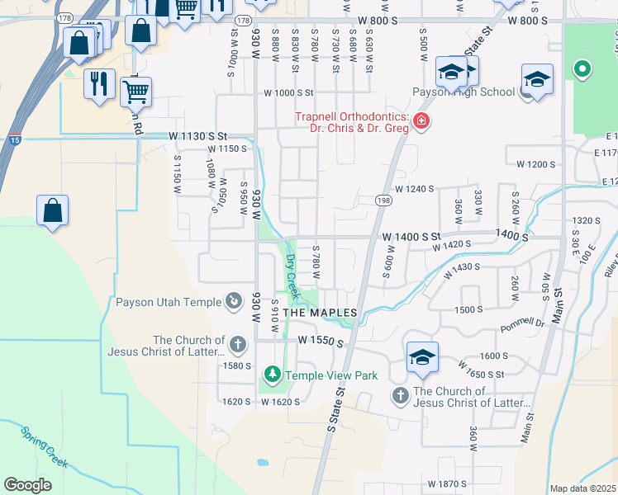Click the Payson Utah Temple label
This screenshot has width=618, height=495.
point(169,302)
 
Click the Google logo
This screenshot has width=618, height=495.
point(27,485)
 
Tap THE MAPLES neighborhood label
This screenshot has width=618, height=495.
point(321,313)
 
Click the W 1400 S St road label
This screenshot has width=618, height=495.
point(411,238)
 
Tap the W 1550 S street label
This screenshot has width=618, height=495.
point(320,340)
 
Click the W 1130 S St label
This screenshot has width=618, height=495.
point(197,135)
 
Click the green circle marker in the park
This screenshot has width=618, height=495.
point(582,68)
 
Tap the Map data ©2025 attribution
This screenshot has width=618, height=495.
point(583,488)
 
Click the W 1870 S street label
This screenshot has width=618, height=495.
point(447,483)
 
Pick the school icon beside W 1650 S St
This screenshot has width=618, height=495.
point(422,356)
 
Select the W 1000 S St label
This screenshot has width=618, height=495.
point(289,93)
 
